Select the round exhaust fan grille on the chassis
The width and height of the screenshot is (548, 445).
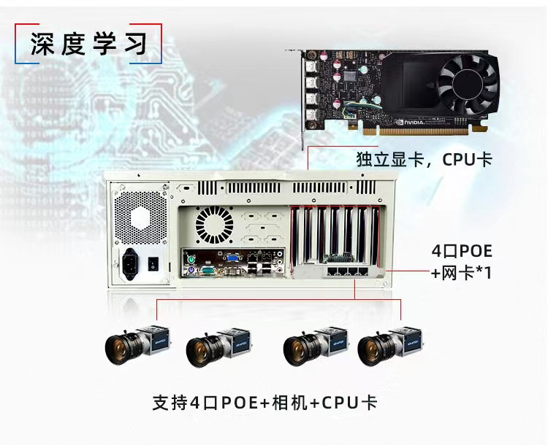(213, 224)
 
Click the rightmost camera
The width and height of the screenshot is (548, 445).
(387, 347)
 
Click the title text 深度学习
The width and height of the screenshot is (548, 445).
(89, 44)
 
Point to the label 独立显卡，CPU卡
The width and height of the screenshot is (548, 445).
(424, 159)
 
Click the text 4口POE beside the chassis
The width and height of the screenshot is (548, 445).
(462, 252)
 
